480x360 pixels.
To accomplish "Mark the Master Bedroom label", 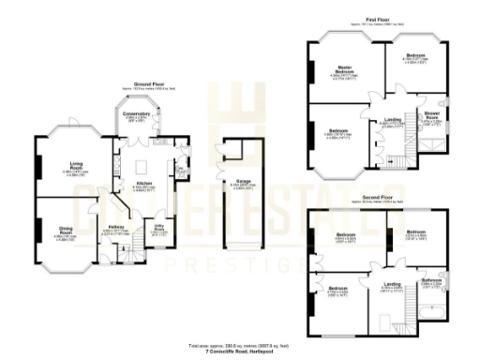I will tap(344, 70).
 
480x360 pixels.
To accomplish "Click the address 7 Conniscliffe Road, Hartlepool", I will tap(242, 350).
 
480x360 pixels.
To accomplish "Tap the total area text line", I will tap(242, 344).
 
